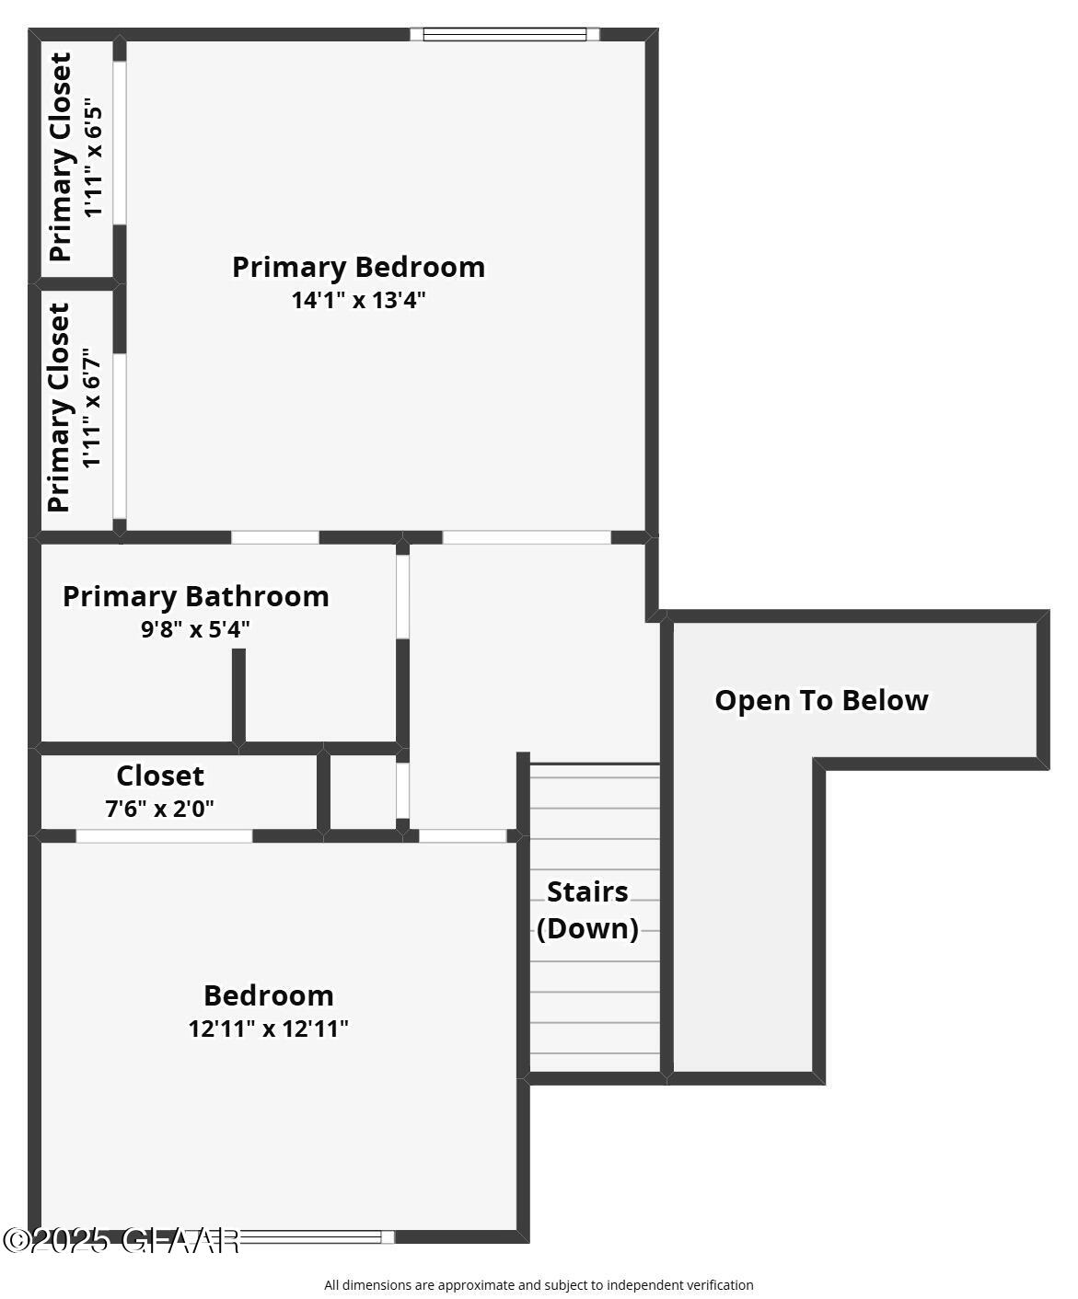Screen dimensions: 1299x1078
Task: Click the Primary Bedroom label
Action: tap(358, 267)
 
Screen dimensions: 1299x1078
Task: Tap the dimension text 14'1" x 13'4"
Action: tap(358, 300)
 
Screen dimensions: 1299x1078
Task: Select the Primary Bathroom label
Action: tap(195, 596)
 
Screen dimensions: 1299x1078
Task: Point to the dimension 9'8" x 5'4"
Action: tap(195, 630)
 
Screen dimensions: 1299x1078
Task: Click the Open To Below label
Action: tap(821, 700)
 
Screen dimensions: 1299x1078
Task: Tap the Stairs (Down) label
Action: tap(587, 910)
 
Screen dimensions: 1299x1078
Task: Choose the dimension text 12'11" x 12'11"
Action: tap(269, 1029)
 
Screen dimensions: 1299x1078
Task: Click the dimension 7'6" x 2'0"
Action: tap(159, 810)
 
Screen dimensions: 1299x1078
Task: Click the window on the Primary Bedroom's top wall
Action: tap(504, 35)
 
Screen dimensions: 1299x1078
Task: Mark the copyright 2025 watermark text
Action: tap(121, 1240)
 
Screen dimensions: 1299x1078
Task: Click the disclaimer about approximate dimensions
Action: tap(539, 1285)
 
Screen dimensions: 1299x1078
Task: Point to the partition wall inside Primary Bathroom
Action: tap(238, 696)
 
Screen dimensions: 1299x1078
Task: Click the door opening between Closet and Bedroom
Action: tap(164, 836)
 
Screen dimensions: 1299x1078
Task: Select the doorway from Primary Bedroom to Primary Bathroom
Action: tap(275, 537)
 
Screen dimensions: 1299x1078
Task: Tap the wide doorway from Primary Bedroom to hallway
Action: tap(527, 537)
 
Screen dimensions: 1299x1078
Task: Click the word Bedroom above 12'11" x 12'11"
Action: tap(269, 995)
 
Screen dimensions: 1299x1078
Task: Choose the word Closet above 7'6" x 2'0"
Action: tap(160, 776)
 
